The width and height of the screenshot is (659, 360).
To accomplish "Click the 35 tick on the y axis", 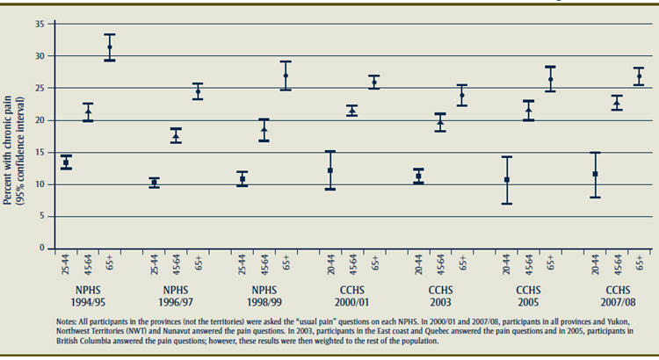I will pos(40,24).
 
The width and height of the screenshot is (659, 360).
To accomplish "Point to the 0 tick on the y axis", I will pos(41,248).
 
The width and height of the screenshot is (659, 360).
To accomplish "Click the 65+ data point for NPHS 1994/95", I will pos(110,47).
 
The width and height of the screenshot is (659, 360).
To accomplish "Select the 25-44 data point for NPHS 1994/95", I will pos(66,162).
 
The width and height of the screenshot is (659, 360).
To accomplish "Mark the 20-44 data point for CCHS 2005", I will pos(506,180).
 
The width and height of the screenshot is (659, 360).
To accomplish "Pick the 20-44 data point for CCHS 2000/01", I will pos(330,170).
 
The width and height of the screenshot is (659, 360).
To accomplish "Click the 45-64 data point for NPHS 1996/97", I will pos(176,136).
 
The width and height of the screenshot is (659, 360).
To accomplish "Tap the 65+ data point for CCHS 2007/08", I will pos(639,77).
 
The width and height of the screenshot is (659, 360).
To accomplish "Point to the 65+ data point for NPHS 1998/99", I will pos(286,76).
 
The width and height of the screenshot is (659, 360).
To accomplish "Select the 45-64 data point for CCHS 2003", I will pos(440,123).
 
